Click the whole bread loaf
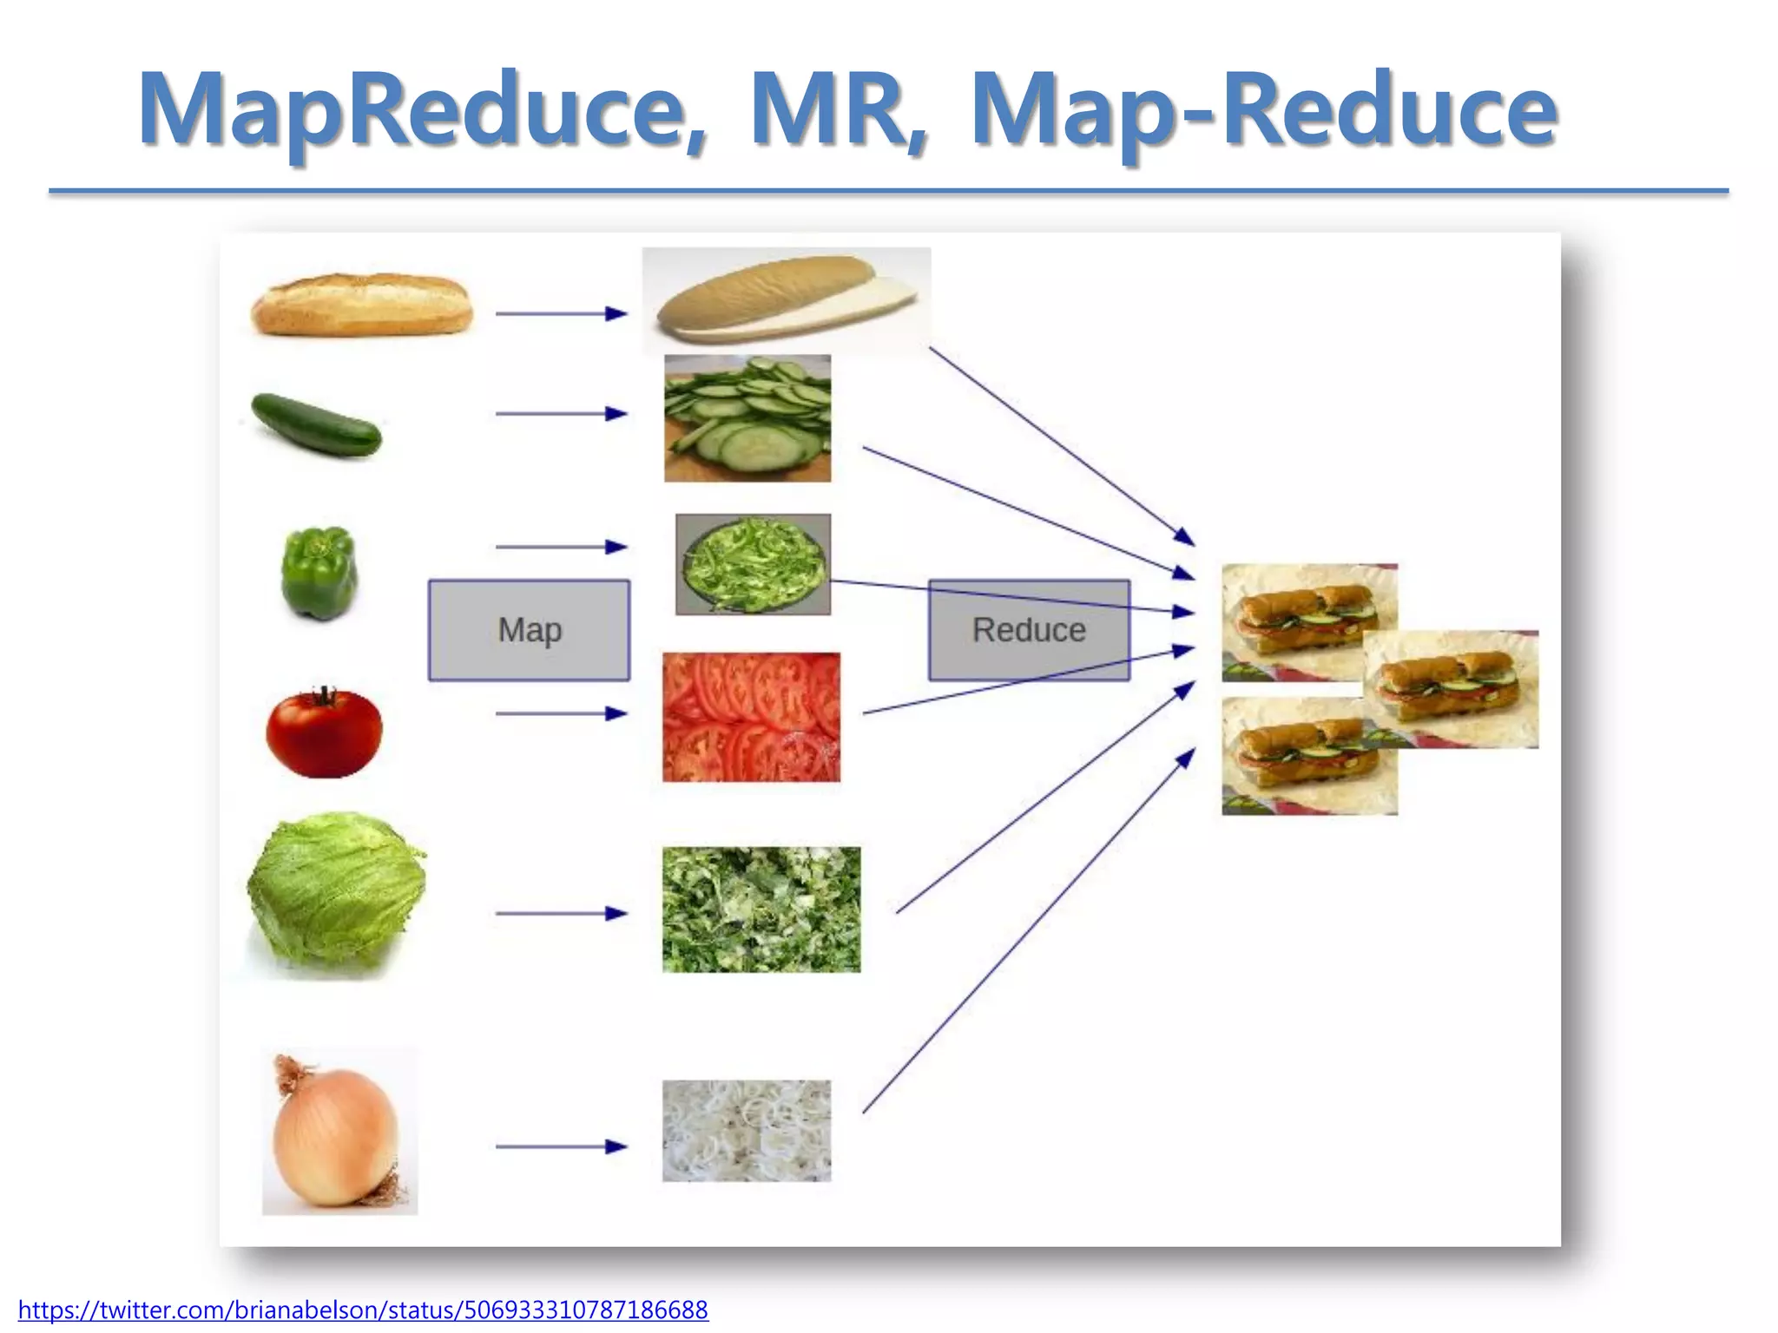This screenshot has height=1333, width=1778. tap(362, 305)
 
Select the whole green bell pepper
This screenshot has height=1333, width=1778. tap(319, 573)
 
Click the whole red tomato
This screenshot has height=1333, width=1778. tap(324, 733)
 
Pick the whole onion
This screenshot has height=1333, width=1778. tap(337, 1133)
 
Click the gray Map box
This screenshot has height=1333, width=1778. tap(529, 630)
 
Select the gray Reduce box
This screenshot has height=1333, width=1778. tap(1029, 630)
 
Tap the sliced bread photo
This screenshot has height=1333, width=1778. tap(786, 299)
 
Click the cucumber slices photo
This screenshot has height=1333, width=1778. tap(747, 418)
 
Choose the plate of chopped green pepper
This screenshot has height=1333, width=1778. tap(753, 564)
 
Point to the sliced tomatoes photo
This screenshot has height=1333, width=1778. tap(751, 717)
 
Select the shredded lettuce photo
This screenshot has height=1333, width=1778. tap(761, 909)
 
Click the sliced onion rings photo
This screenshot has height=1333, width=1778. tap(747, 1130)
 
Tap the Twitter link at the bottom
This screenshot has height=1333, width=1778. tap(363, 1309)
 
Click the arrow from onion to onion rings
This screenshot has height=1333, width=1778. tap(561, 1146)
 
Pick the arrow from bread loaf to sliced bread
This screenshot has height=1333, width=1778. tap(561, 313)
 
